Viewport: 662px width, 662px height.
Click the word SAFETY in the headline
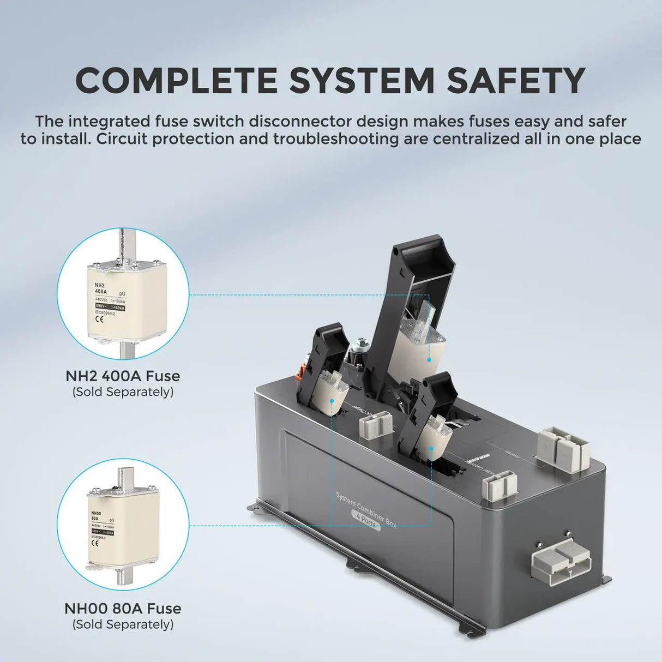[516, 81]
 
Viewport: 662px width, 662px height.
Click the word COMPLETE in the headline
[176, 81]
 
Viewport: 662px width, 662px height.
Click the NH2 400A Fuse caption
[123, 376]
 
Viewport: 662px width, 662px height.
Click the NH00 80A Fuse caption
[123, 608]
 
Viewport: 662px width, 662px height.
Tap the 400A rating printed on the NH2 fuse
[101, 292]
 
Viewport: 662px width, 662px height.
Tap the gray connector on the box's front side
[557, 566]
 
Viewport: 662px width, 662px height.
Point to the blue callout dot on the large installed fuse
[429, 360]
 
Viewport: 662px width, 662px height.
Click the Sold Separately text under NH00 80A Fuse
[123, 624]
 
